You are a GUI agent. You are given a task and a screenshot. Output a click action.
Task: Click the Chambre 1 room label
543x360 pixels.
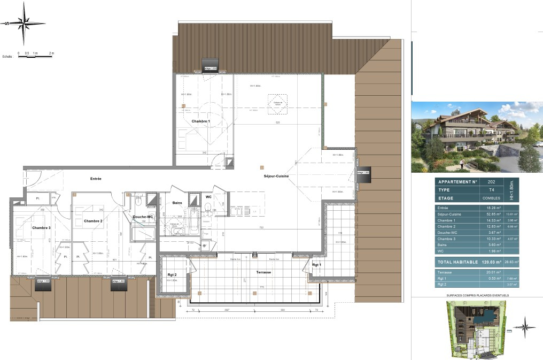201,121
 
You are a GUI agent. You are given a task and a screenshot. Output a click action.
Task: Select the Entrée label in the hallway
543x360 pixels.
96,179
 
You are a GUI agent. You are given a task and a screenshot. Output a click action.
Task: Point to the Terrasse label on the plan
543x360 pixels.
263,272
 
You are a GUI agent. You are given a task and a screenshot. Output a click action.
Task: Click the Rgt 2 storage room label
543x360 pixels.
172,275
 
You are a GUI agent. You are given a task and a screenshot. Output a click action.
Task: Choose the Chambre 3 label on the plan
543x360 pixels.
41,228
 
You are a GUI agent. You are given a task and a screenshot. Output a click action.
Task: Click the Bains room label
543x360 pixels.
177,203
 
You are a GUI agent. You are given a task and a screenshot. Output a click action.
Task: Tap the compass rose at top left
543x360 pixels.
24,24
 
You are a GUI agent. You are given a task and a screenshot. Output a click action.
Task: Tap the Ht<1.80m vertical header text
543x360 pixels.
511,190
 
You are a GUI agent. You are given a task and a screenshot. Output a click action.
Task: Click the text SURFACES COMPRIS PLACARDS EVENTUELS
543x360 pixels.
477,295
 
